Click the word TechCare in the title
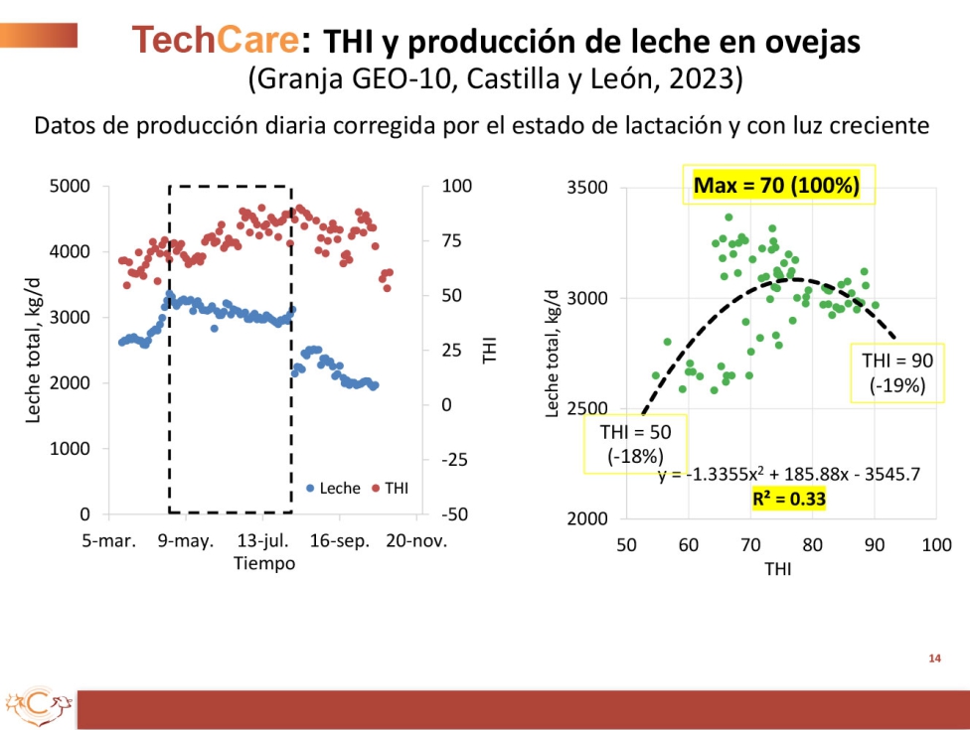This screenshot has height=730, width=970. pyautogui.click(x=216, y=40)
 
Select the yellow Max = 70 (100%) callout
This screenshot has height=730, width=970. pyautogui.click(x=776, y=185)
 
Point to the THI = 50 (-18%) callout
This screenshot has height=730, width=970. pyautogui.click(x=634, y=444)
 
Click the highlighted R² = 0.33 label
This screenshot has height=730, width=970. pyautogui.click(x=789, y=499)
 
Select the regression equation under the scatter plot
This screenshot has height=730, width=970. pyautogui.click(x=788, y=474)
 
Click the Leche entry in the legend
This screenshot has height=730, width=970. pyautogui.click(x=333, y=489)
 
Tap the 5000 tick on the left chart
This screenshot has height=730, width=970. pyautogui.click(x=72, y=186)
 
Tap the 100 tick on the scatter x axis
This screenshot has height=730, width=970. pyautogui.click(x=935, y=544)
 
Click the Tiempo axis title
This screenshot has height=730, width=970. pyautogui.click(x=264, y=563)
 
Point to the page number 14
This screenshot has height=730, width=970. pyautogui.click(x=934, y=658)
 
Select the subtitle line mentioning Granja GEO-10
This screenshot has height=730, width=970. pyautogui.click(x=494, y=77)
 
